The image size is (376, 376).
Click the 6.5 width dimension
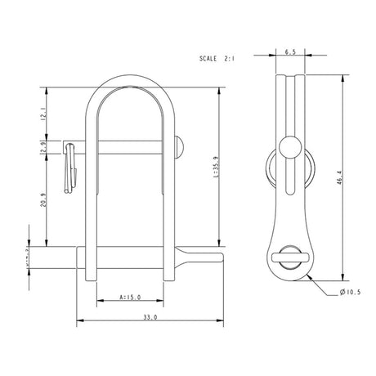coord(289,51)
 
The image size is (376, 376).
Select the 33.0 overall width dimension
coord(149,317)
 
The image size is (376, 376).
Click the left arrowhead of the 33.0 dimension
coord(80,320)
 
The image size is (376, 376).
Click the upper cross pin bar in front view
coord(131,145)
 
